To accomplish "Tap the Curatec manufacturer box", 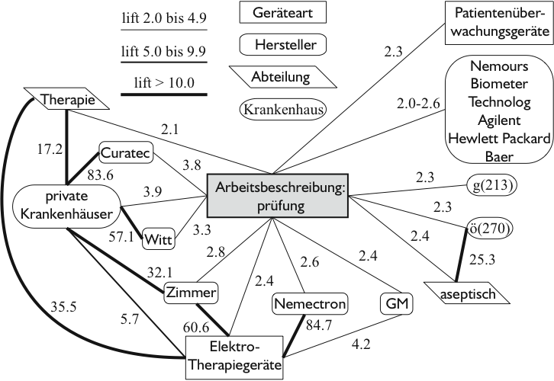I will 127,152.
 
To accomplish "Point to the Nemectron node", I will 309,304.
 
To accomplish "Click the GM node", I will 395,304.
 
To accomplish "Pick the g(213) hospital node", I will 491,185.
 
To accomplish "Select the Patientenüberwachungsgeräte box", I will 497,23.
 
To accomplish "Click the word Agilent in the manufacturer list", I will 495,120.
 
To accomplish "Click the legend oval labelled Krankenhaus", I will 283,109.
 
